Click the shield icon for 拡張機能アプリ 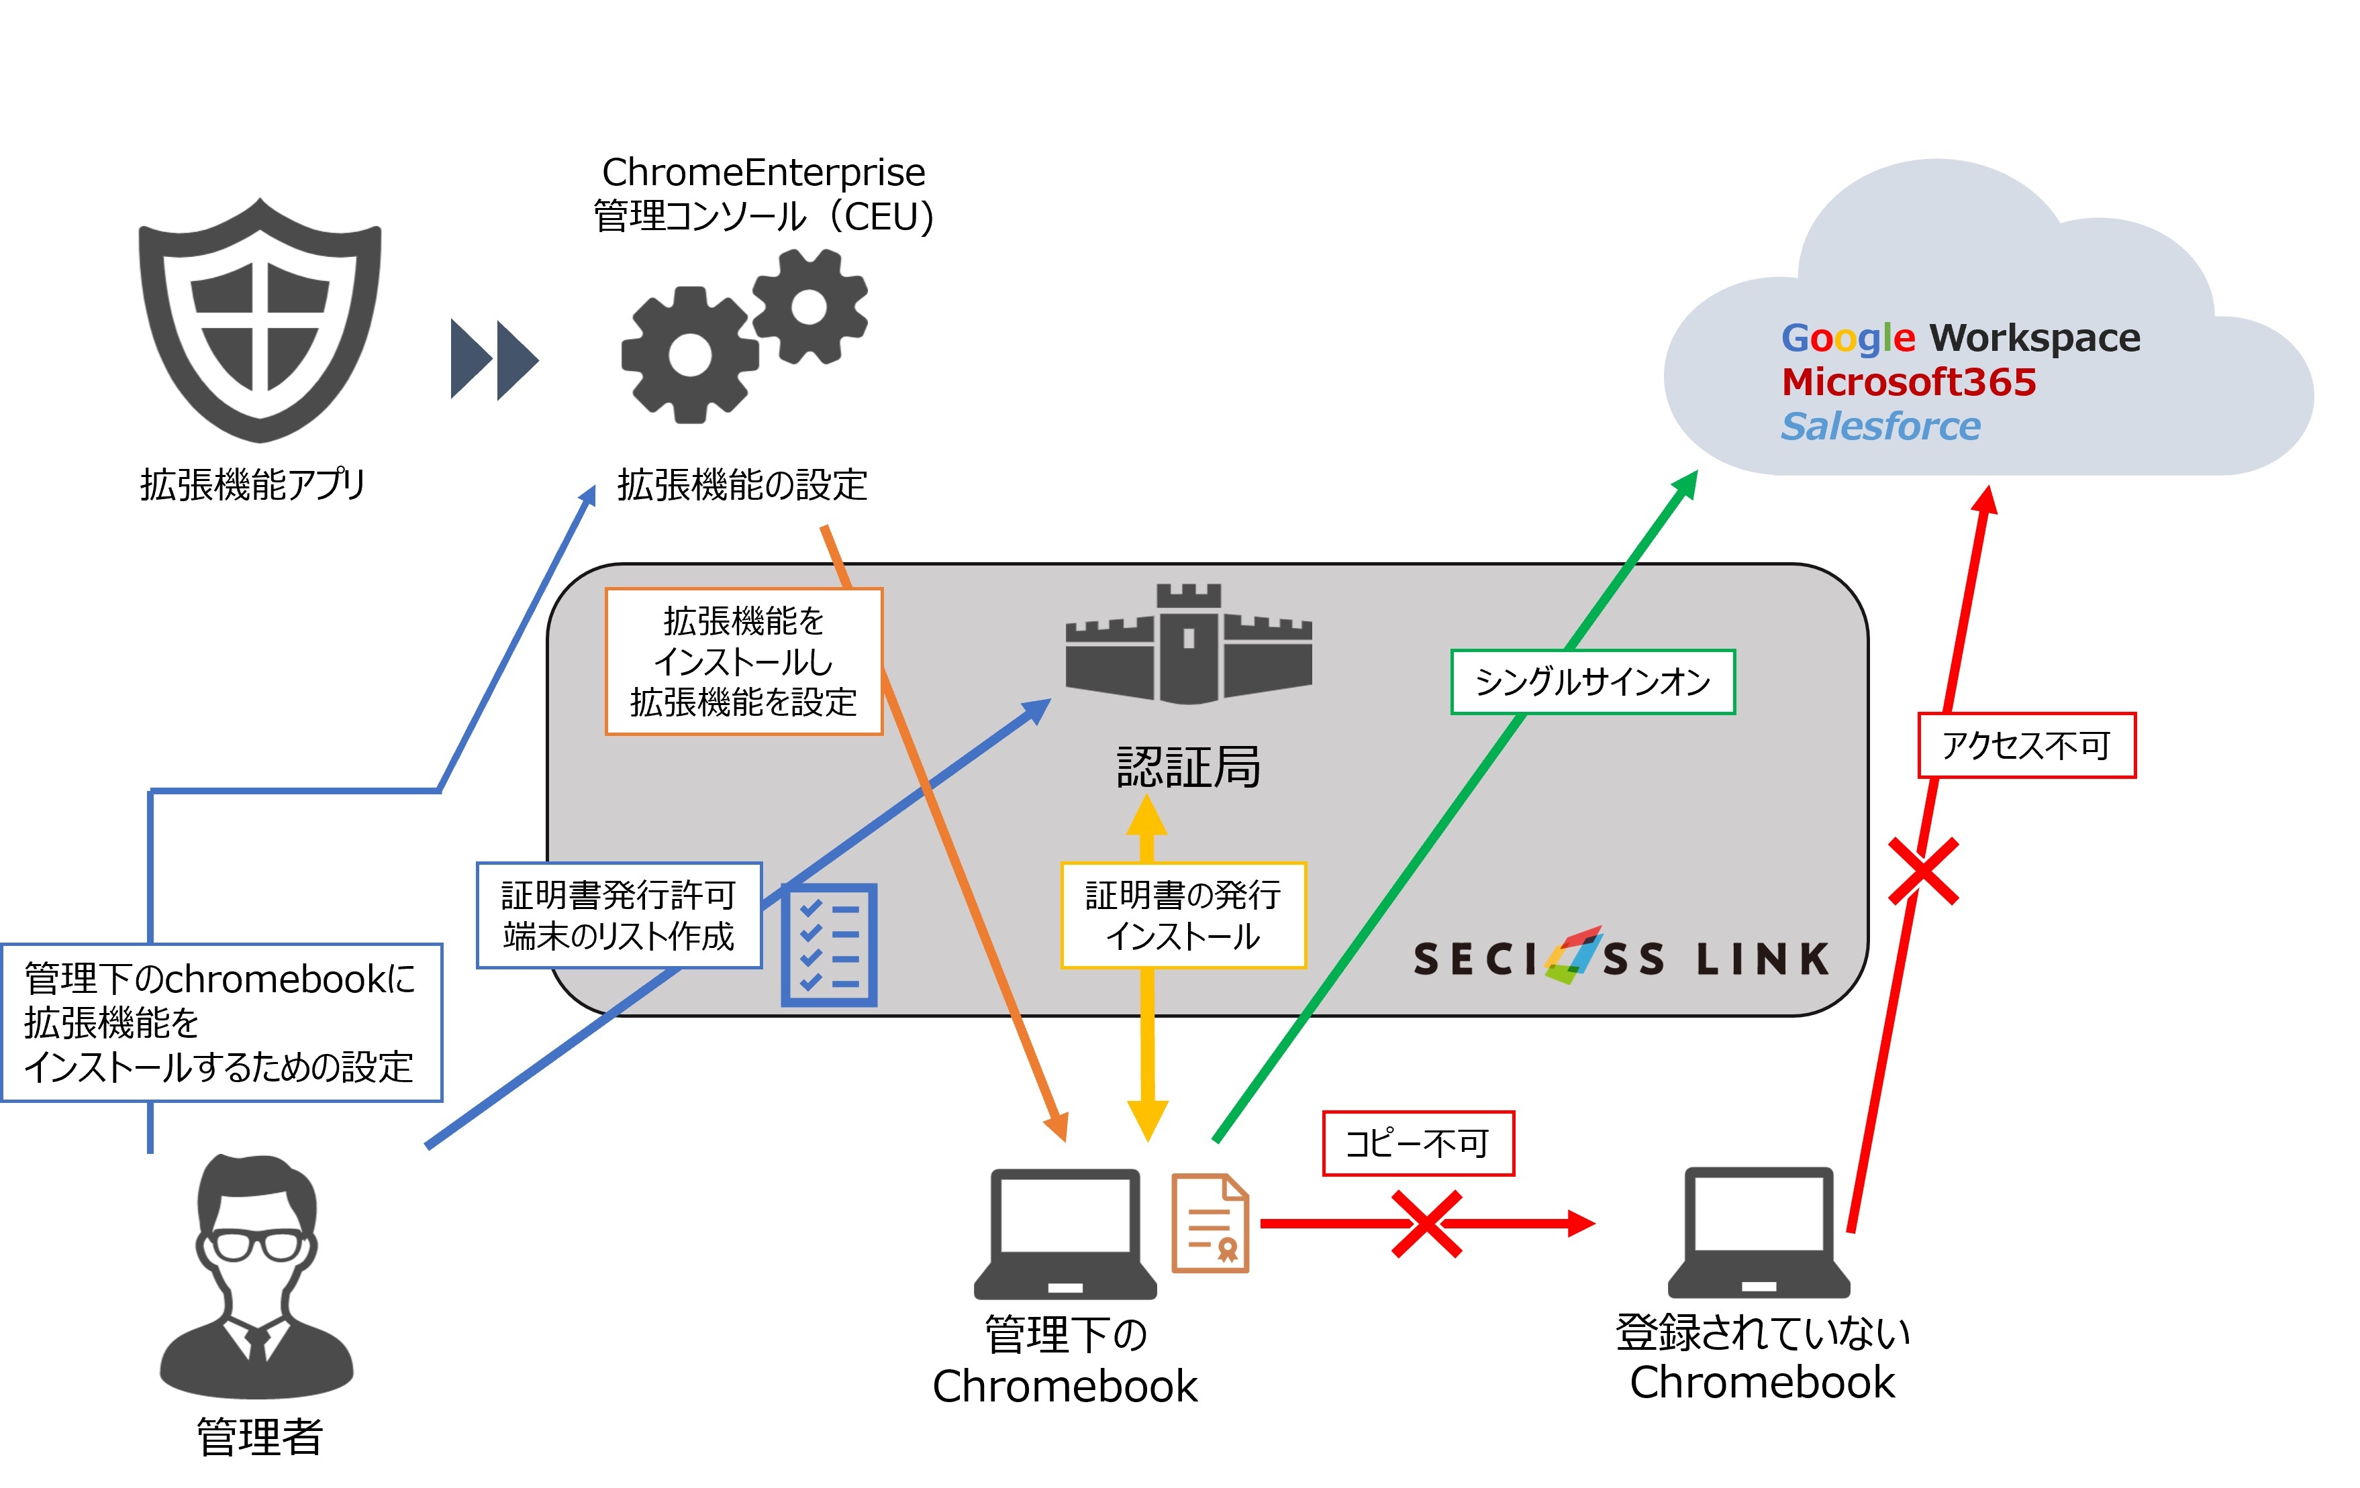(260, 321)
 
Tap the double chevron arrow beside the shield (494, 360)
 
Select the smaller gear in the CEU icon (809, 307)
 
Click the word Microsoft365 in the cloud (1908, 382)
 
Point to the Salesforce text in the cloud (1880, 426)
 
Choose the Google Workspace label (1960, 338)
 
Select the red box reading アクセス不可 (2026, 745)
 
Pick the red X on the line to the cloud (1923, 871)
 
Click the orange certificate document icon (1210, 1224)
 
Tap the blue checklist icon (829, 945)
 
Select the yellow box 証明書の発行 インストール (1183, 916)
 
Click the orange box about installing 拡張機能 (744, 661)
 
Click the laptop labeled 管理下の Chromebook (1065, 1234)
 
